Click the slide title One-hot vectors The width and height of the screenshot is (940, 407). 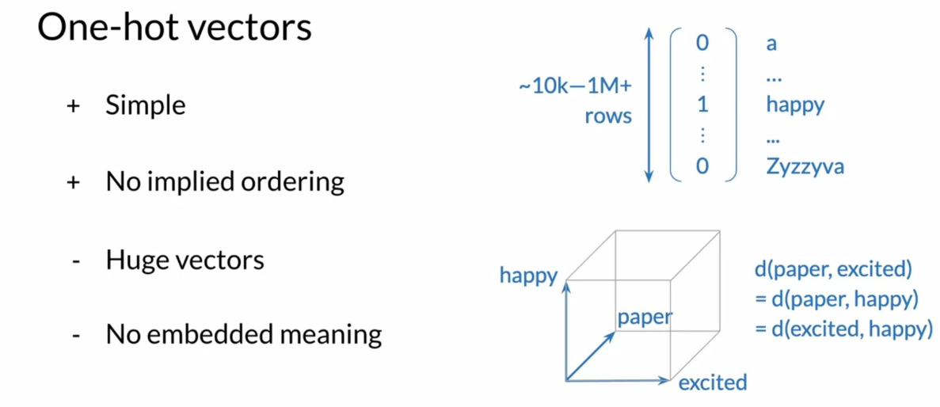174,29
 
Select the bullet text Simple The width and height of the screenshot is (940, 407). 146,106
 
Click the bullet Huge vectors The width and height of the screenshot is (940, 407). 185,260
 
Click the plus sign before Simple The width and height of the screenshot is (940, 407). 73,108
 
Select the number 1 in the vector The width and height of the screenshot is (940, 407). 702,105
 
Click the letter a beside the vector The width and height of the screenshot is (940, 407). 771,44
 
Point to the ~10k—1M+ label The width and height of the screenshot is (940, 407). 575,86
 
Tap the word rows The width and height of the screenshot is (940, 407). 608,115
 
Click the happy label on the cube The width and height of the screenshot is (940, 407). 528,276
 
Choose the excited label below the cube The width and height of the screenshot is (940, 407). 713,382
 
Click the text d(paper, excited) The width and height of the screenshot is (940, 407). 833,271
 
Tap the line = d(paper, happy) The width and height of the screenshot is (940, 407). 836,299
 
